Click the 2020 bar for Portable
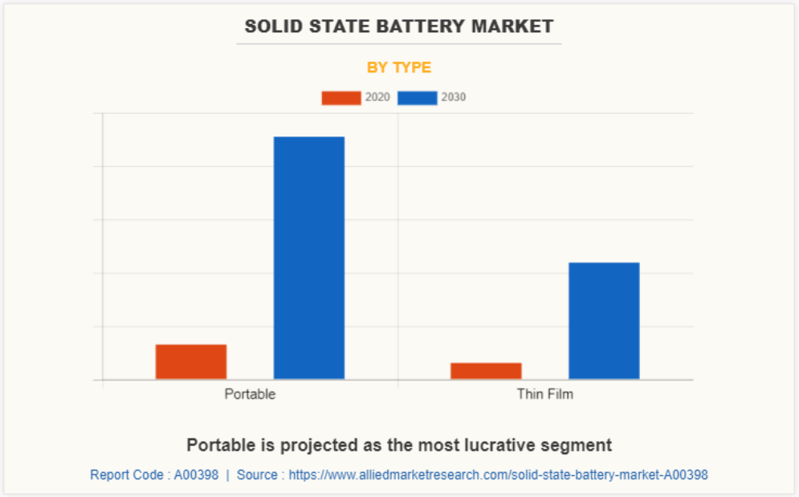[191, 361]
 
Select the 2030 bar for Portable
[309, 257]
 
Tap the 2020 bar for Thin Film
[486, 370]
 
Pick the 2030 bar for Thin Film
[604, 320]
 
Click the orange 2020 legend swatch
[340, 98]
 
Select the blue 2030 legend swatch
[417, 98]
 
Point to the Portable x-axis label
[250, 394]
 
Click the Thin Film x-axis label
[545, 394]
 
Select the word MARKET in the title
[512, 26]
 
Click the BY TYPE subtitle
[399, 67]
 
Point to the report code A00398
[197, 475]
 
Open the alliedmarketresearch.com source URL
[498, 475]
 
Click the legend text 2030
[454, 98]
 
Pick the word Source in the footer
[257, 475]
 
